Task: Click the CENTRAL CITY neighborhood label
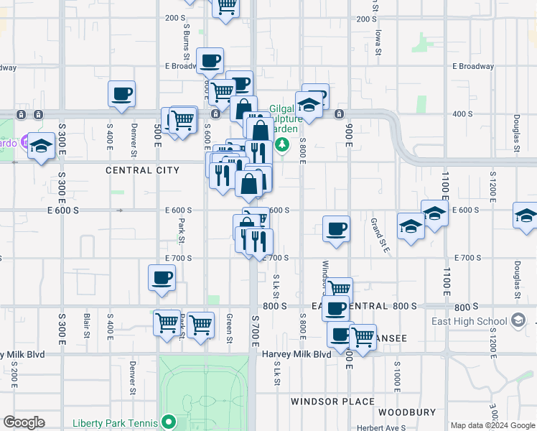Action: [142, 170]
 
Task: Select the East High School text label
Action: [470, 321]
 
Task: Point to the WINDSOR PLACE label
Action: [332, 402]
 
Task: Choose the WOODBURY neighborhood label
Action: [406, 412]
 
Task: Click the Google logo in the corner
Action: [24, 422]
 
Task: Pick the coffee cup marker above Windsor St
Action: [336, 229]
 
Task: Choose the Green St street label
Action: [229, 328]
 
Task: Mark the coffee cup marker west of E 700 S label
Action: [162, 278]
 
